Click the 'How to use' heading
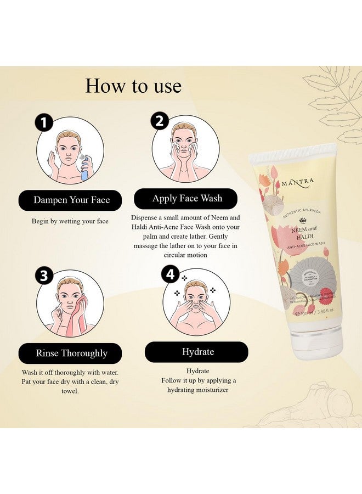(133, 86)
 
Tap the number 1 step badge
(44, 123)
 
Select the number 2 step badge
(160, 121)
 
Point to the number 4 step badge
(171, 273)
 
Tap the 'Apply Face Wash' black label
(186, 199)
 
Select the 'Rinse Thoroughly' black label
(71, 353)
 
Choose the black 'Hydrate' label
(197, 352)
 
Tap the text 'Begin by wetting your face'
(70, 221)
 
